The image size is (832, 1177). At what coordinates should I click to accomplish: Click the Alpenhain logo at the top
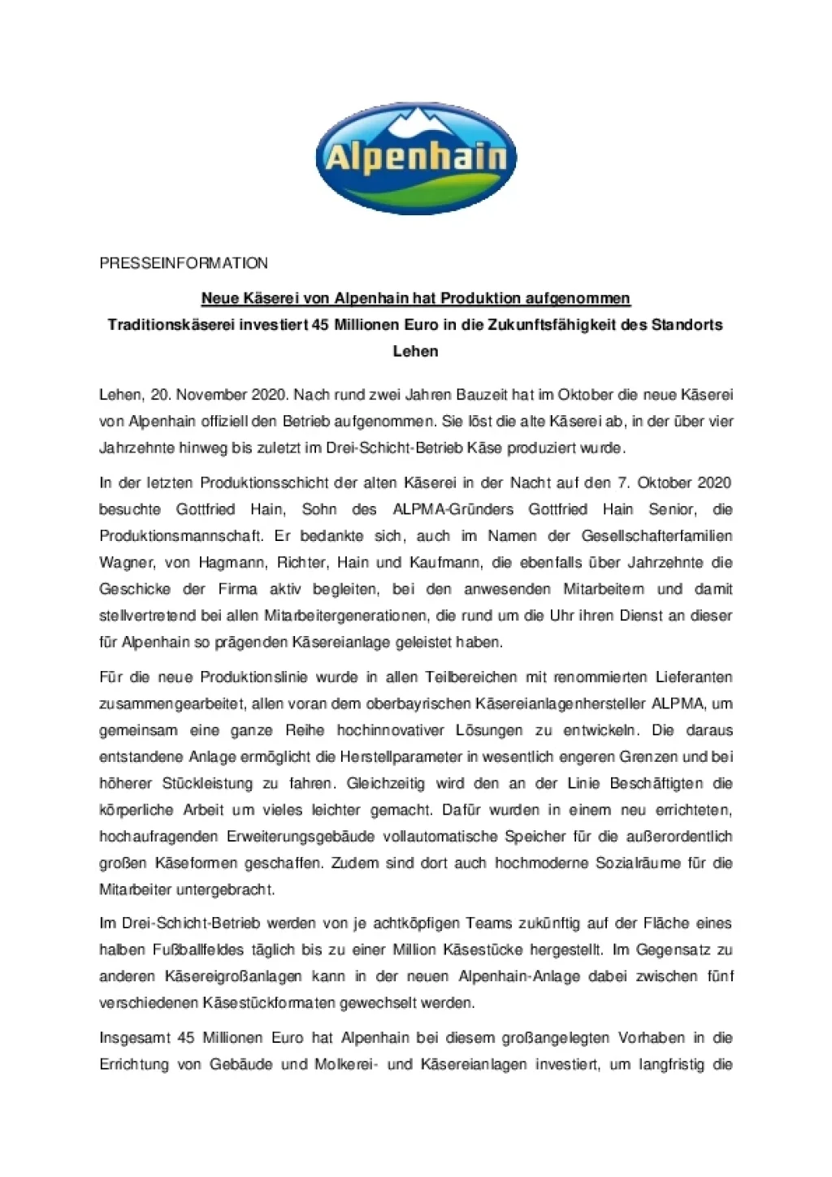click(x=415, y=158)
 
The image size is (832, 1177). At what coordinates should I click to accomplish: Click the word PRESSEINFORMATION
click(x=184, y=263)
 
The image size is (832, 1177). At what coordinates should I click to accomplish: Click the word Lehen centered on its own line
click(x=415, y=352)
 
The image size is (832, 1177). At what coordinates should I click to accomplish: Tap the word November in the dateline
click(x=208, y=395)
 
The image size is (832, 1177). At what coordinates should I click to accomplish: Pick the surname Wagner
click(x=125, y=563)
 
